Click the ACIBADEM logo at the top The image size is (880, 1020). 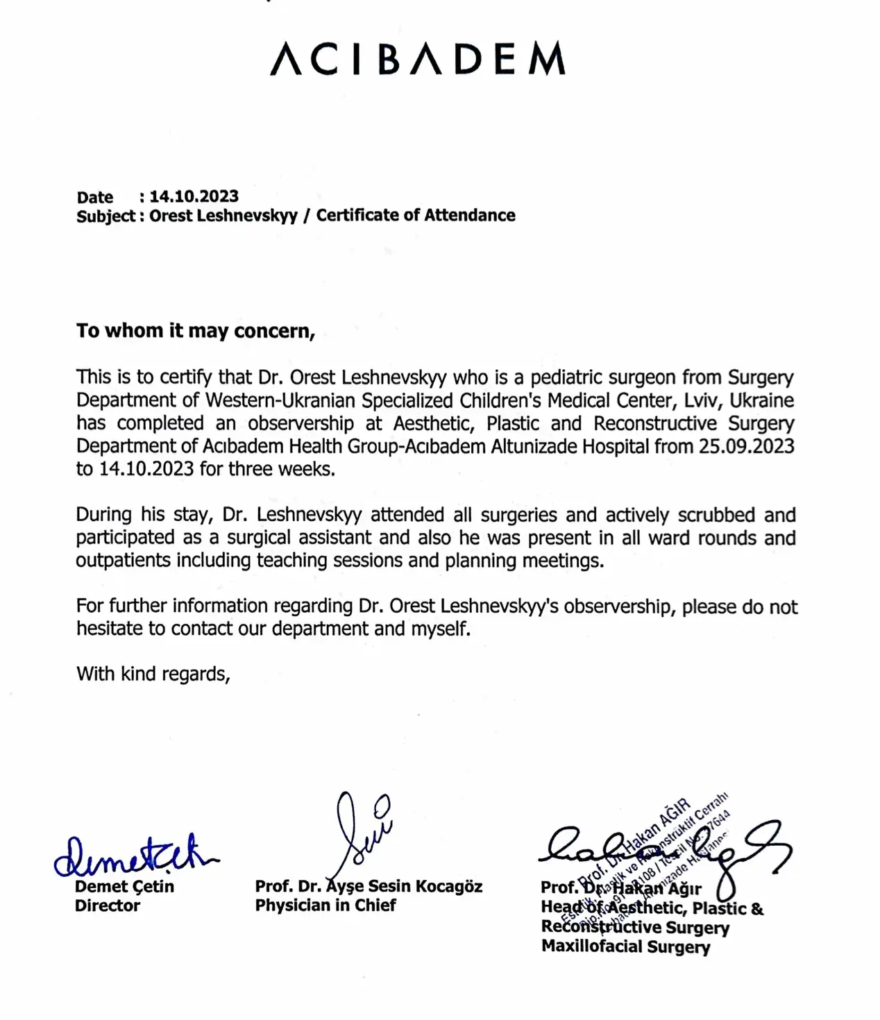[x=417, y=58]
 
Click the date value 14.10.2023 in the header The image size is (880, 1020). [x=194, y=196]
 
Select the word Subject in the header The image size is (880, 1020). [x=105, y=216]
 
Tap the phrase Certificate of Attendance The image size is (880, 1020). [x=416, y=215]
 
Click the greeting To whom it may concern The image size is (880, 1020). [x=196, y=331]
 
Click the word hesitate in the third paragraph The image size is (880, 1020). [x=112, y=629]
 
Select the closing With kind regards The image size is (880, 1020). [x=153, y=674]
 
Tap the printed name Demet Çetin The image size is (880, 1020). [x=124, y=886]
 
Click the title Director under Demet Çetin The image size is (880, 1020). [x=107, y=906]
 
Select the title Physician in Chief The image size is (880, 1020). [x=325, y=906]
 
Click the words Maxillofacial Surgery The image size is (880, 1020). [x=625, y=946]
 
